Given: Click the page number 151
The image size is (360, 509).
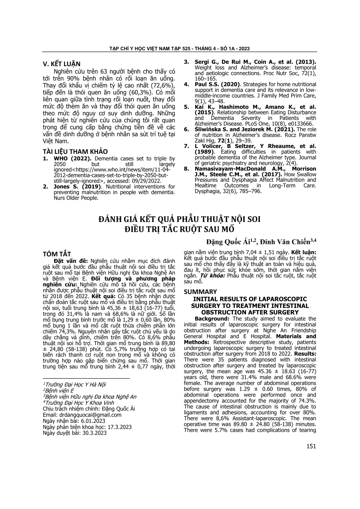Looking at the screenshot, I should pyautogui.click(x=311, y=446).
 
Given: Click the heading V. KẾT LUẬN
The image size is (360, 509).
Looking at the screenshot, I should pyautogui.click(x=62, y=64).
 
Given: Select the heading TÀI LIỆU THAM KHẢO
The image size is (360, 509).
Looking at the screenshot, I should pyautogui.click(x=75, y=152).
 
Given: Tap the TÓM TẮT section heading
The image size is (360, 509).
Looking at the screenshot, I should pyautogui.click(x=57, y=254).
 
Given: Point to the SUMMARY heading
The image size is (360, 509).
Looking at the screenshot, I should pyautogui.click(x=200, y=292).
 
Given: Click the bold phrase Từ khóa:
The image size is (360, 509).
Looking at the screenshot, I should pyautogui.click(x=211, y=275).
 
